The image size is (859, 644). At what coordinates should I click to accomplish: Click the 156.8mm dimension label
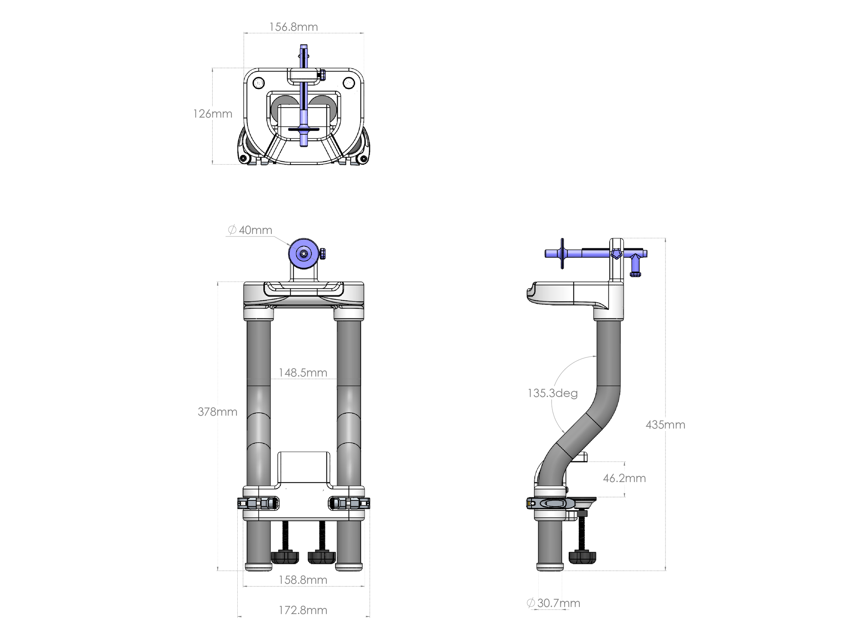click(293, 27)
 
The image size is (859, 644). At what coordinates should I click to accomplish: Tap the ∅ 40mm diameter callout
click(250, 230)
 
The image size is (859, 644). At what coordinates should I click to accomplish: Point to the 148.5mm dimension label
click(303, 373)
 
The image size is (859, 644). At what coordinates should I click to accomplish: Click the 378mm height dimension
click(218, 411)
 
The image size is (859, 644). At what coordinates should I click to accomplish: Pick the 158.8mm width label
click(303, 580)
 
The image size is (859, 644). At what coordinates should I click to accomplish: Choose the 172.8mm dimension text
click(303, 610)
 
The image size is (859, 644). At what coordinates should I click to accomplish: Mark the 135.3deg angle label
click(553, 393)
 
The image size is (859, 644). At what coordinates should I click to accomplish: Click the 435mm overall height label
click(665, 425)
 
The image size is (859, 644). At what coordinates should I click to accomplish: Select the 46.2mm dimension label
click(625, 478)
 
